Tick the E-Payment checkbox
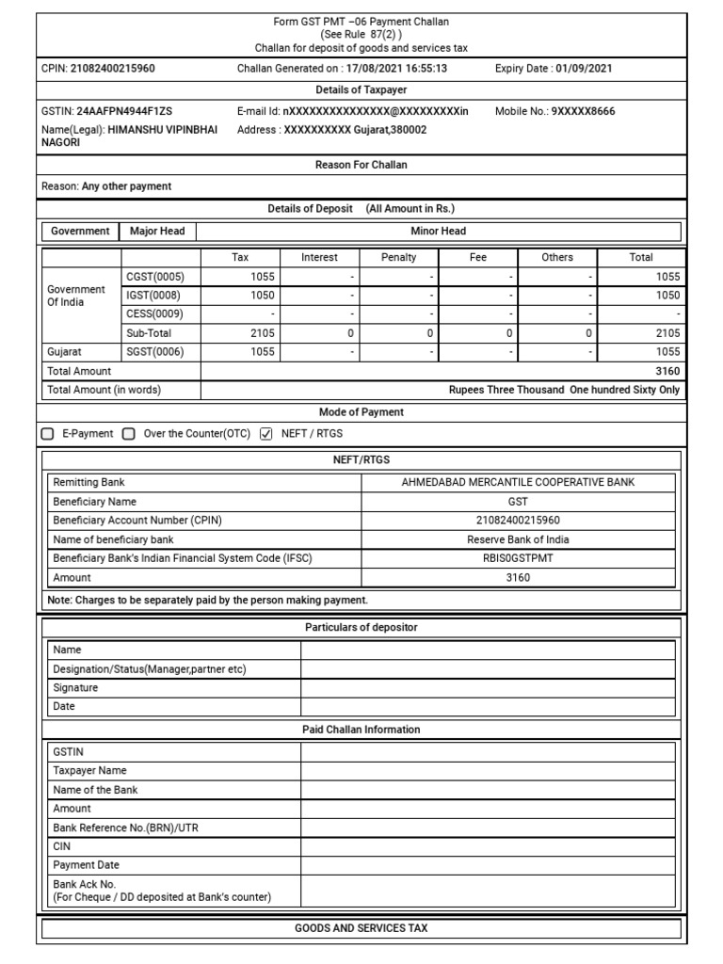click(x=48, y=434)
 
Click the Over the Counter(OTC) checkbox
click(x=130, y=434)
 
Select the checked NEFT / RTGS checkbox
click(x=265, y=434)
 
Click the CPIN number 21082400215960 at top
click(x=113, y=68)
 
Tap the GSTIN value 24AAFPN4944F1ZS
click(x=124, y=111)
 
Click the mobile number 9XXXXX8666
click(x=583, y=111)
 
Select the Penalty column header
click(x=398, y=257)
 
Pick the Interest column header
click(x=319, y=257)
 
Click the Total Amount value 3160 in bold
click(x=668, y=371)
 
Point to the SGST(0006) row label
click(x=155, y=351)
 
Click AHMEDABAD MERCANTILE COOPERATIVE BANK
click(x=518, y=482)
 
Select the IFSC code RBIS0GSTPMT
click(x=518, y=558)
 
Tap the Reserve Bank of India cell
click(x=518, y=539)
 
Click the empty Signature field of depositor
click(x=488, y=687)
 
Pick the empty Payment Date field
click(x=488, y=864)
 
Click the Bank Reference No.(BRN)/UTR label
click(x=125, y=827)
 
